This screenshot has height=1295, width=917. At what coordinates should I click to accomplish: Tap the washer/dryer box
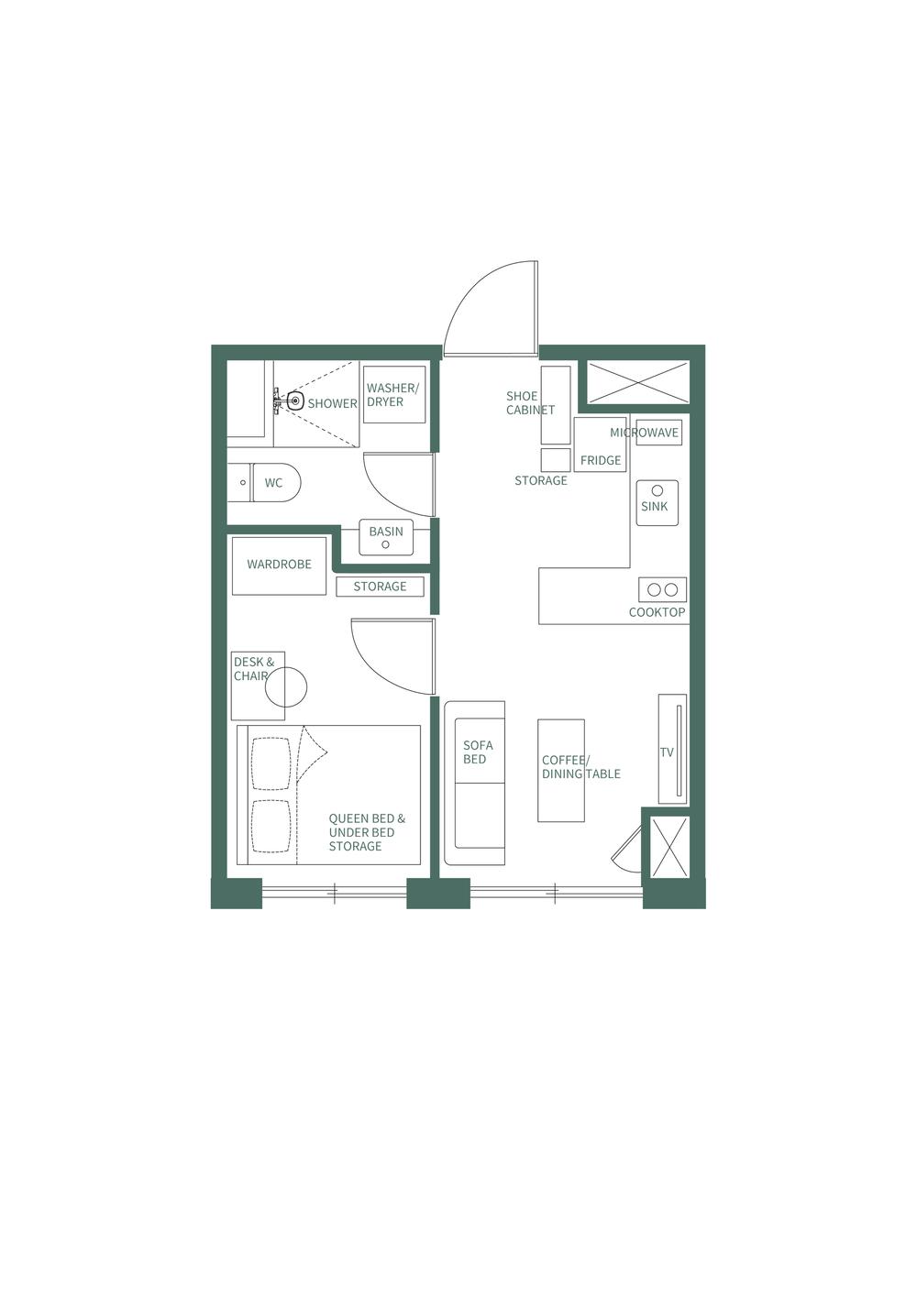(394, 395)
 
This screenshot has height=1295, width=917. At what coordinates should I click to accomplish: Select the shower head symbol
(294, 400)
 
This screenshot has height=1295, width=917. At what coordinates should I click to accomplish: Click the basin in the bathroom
(386, 537)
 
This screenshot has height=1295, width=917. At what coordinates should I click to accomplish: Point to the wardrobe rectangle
(279, 565)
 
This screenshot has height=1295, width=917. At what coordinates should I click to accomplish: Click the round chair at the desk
(286, 687)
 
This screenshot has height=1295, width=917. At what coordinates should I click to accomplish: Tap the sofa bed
(475, 784)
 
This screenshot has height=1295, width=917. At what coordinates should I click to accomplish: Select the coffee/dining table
(561, 770)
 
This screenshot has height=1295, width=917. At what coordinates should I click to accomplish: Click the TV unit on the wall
(672, 750)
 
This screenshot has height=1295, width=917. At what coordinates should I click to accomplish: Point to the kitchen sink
(657, 502)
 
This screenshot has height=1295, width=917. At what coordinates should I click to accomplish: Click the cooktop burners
(662, 589)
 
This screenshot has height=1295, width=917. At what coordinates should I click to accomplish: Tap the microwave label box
(659, 433)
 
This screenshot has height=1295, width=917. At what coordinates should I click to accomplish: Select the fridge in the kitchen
(601, 445)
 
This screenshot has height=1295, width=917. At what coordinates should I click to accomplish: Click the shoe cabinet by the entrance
(556, 404)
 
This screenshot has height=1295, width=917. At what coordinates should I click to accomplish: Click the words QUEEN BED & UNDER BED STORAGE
(366, 832)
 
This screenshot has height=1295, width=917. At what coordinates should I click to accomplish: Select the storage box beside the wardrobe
(380, 587)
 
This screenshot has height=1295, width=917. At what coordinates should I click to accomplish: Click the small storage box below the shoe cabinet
(556, 459)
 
